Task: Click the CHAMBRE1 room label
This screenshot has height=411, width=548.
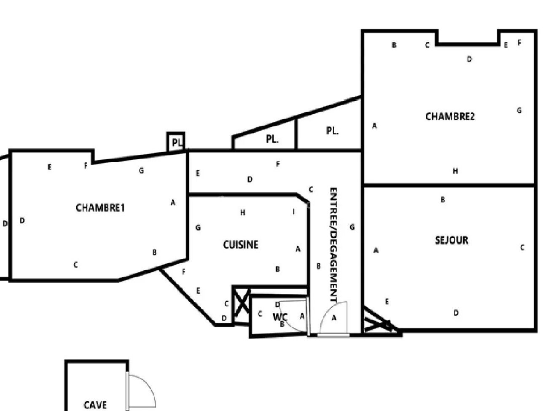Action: pos(100,208)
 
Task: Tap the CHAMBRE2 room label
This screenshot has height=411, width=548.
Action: pos(450,116)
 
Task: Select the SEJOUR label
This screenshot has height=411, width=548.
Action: pos(451,240)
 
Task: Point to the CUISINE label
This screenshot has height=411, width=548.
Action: pos(240,245)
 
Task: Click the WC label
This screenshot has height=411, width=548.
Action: pos(280,317)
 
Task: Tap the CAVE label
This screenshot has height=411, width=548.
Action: pos(95,405)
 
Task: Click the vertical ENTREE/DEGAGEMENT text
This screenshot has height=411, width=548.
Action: pos(333,245)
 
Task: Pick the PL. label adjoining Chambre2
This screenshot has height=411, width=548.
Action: pos(332,131)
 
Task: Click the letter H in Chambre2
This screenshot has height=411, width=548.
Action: pos(455,171)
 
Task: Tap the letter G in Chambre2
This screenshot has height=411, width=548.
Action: pos(519,110)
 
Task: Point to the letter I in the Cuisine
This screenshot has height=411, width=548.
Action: pos(293,212)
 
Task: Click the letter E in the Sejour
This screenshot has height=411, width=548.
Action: pos(387,302)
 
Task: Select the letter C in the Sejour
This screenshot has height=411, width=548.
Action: pos(522,247)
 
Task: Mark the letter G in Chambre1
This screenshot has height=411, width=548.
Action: pos(141,171)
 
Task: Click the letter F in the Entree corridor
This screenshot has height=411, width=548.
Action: pos(278,164)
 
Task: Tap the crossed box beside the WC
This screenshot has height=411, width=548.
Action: pos(241,305)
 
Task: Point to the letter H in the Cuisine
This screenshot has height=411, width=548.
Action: pos(243,212)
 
